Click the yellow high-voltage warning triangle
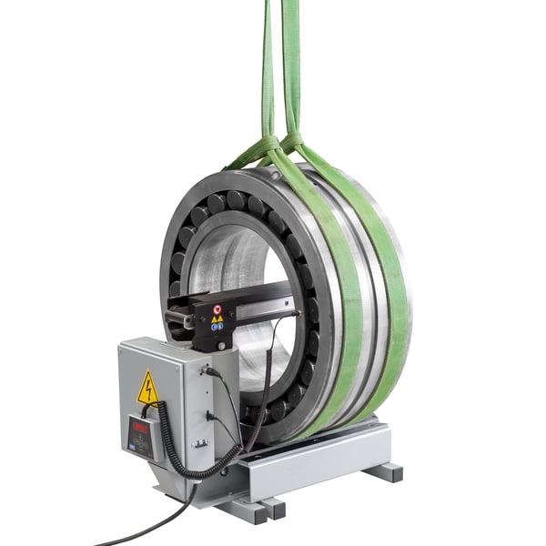point(147,389)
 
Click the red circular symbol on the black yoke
point(217,309)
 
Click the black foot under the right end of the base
point(384,471)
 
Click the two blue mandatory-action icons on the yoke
point(217,326)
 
